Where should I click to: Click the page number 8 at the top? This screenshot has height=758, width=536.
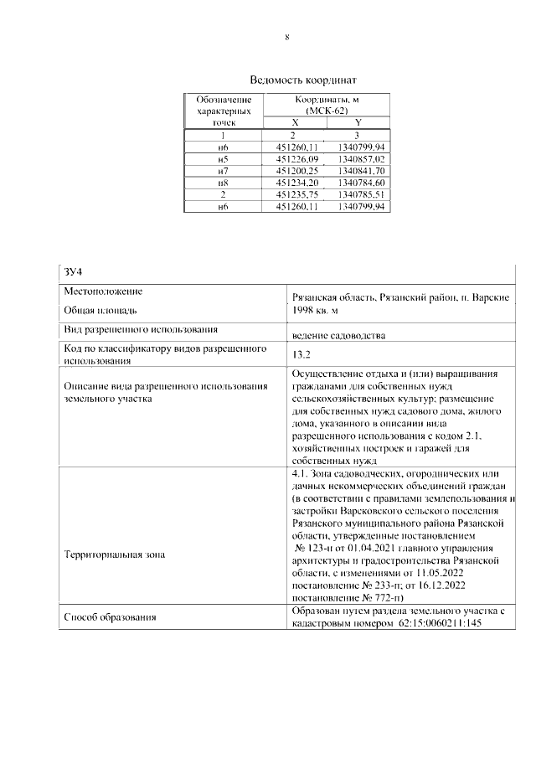[287, 38]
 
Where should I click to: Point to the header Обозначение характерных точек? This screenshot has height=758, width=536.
[223, 111]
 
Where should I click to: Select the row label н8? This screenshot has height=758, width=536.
[223, 182]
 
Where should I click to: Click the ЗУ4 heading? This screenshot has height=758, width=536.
[73, 271]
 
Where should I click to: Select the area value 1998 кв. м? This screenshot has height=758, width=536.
[322, 311]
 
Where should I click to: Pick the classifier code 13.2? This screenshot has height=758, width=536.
[301, 355]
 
